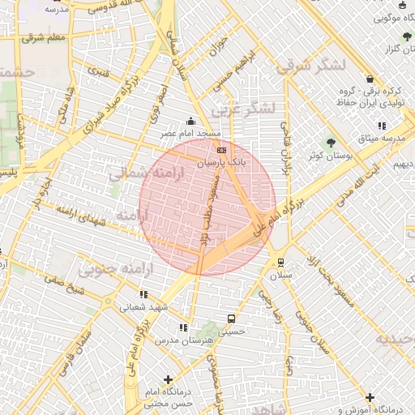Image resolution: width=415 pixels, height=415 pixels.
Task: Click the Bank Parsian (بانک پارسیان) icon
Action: (x=221, y=150)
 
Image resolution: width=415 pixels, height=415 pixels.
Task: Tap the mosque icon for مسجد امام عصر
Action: (x=191, y=120)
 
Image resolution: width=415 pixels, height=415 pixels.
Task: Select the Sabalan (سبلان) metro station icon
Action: (x=281, y=262)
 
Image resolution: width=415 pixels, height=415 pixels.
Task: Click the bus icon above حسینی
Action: (x=232, y=319)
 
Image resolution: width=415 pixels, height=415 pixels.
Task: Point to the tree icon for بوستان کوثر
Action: (x=330, y=142)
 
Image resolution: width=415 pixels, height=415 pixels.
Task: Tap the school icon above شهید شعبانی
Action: (x=143, y=294)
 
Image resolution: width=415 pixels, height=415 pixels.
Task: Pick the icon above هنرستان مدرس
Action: (x=183, y=327)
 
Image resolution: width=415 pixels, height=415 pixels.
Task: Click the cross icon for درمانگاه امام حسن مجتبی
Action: (x=168, y=379)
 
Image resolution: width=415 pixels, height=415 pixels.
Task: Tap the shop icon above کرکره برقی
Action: (x=370, y=79)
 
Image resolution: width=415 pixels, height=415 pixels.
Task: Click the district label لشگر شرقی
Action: (x=310, y=65)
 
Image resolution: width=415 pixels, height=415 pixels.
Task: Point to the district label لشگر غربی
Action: (x=242, y=108)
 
